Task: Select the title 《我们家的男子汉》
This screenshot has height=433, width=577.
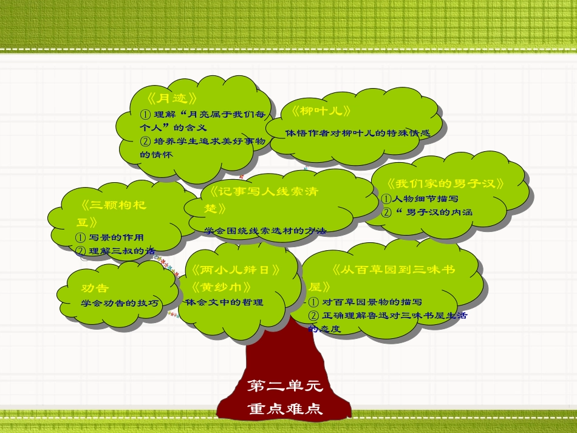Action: [445, 184]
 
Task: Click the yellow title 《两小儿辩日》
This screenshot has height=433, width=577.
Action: [236, 270]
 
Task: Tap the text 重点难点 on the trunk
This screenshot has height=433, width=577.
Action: [285, 409]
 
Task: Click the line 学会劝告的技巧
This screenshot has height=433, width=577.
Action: [119, 302]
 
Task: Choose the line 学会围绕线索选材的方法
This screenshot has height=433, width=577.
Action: [265, 231]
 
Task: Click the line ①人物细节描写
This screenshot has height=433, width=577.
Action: [419, 199]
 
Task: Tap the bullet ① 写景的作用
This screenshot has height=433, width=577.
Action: [109, 237]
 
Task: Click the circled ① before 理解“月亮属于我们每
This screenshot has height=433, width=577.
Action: [145, 114]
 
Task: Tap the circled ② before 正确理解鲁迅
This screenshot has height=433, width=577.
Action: [314, 316]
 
